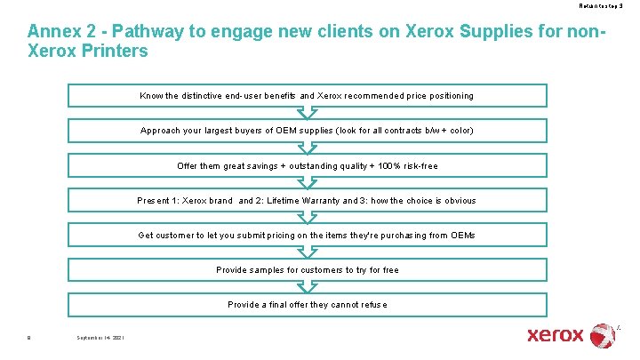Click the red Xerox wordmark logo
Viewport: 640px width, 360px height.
point(556,335)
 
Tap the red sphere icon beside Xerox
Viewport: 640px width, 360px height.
point(602,335)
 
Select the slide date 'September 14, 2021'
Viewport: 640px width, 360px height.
point(100,338)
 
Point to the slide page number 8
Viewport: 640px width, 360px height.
point(29,338)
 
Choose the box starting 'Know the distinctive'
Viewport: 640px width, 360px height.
point(307,95)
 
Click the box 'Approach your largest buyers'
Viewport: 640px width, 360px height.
point(307,131)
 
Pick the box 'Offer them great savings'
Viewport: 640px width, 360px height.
point(307,165)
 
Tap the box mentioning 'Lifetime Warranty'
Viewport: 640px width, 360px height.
point(307,200)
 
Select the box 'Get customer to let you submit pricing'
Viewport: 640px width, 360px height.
point(307,235)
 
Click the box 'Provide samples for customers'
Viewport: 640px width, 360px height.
point(307,269)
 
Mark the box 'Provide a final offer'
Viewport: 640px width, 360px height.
point(307,304)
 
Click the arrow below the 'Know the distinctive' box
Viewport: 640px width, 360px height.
point(307,113)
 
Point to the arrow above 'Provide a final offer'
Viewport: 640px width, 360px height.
point(307,287)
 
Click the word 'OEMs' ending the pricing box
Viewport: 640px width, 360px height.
point(462,236)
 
